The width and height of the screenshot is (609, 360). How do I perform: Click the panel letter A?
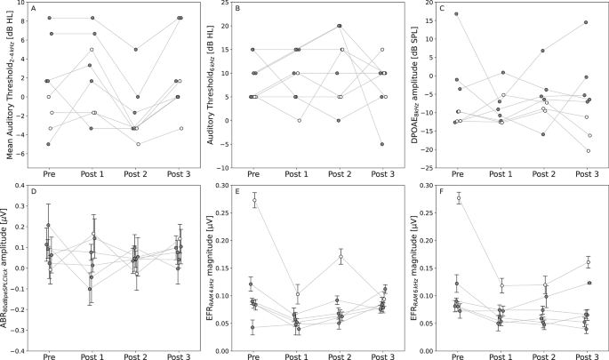tap(33, 9)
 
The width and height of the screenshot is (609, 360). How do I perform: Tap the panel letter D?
tap(33, 190)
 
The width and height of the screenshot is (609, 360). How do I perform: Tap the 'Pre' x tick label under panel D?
tap(49, 357)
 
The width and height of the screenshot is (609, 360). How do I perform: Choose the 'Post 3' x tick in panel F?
tap(584, 357)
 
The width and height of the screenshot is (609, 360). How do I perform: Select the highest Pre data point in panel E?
tap(254, 201)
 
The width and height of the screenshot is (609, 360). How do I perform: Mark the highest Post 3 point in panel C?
tap(586, 22)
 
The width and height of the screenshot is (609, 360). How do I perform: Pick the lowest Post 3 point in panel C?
tap(589, 151)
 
